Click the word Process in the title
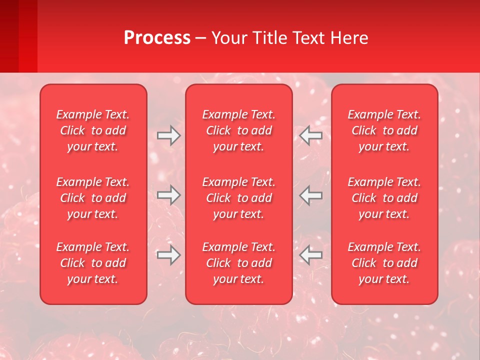(157, 38)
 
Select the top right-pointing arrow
(169, 135)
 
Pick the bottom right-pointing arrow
(169, 255)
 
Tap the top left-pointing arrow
(311, 135)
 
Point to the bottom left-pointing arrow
(311, 255)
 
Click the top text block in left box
(93, 130)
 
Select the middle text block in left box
(93, 198)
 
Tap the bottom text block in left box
(93, 263)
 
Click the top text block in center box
(239, 130)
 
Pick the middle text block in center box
(239, 198)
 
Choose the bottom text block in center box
(239, 263)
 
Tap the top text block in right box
(384, 130)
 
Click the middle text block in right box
(384, 198)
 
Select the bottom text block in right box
(384, 263)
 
